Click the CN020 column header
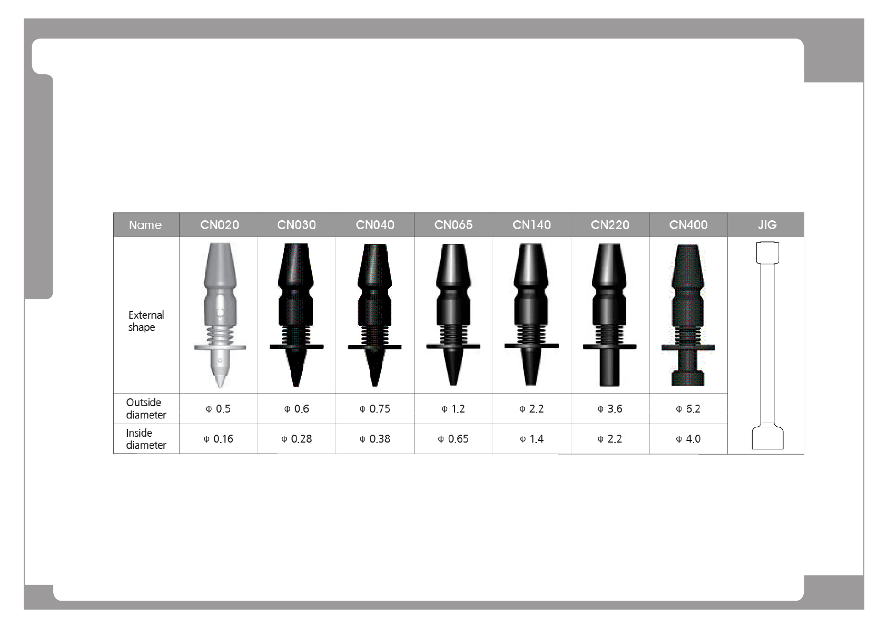[219, 225]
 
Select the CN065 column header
[454, 225]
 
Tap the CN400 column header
[688, 225]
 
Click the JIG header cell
[767, 225]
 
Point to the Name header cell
[145, 225]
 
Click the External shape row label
[146, 321]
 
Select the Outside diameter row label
[146, 408]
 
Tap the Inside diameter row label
[146, 439]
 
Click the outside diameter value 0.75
[374, 409]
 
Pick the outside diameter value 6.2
[688, 409]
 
